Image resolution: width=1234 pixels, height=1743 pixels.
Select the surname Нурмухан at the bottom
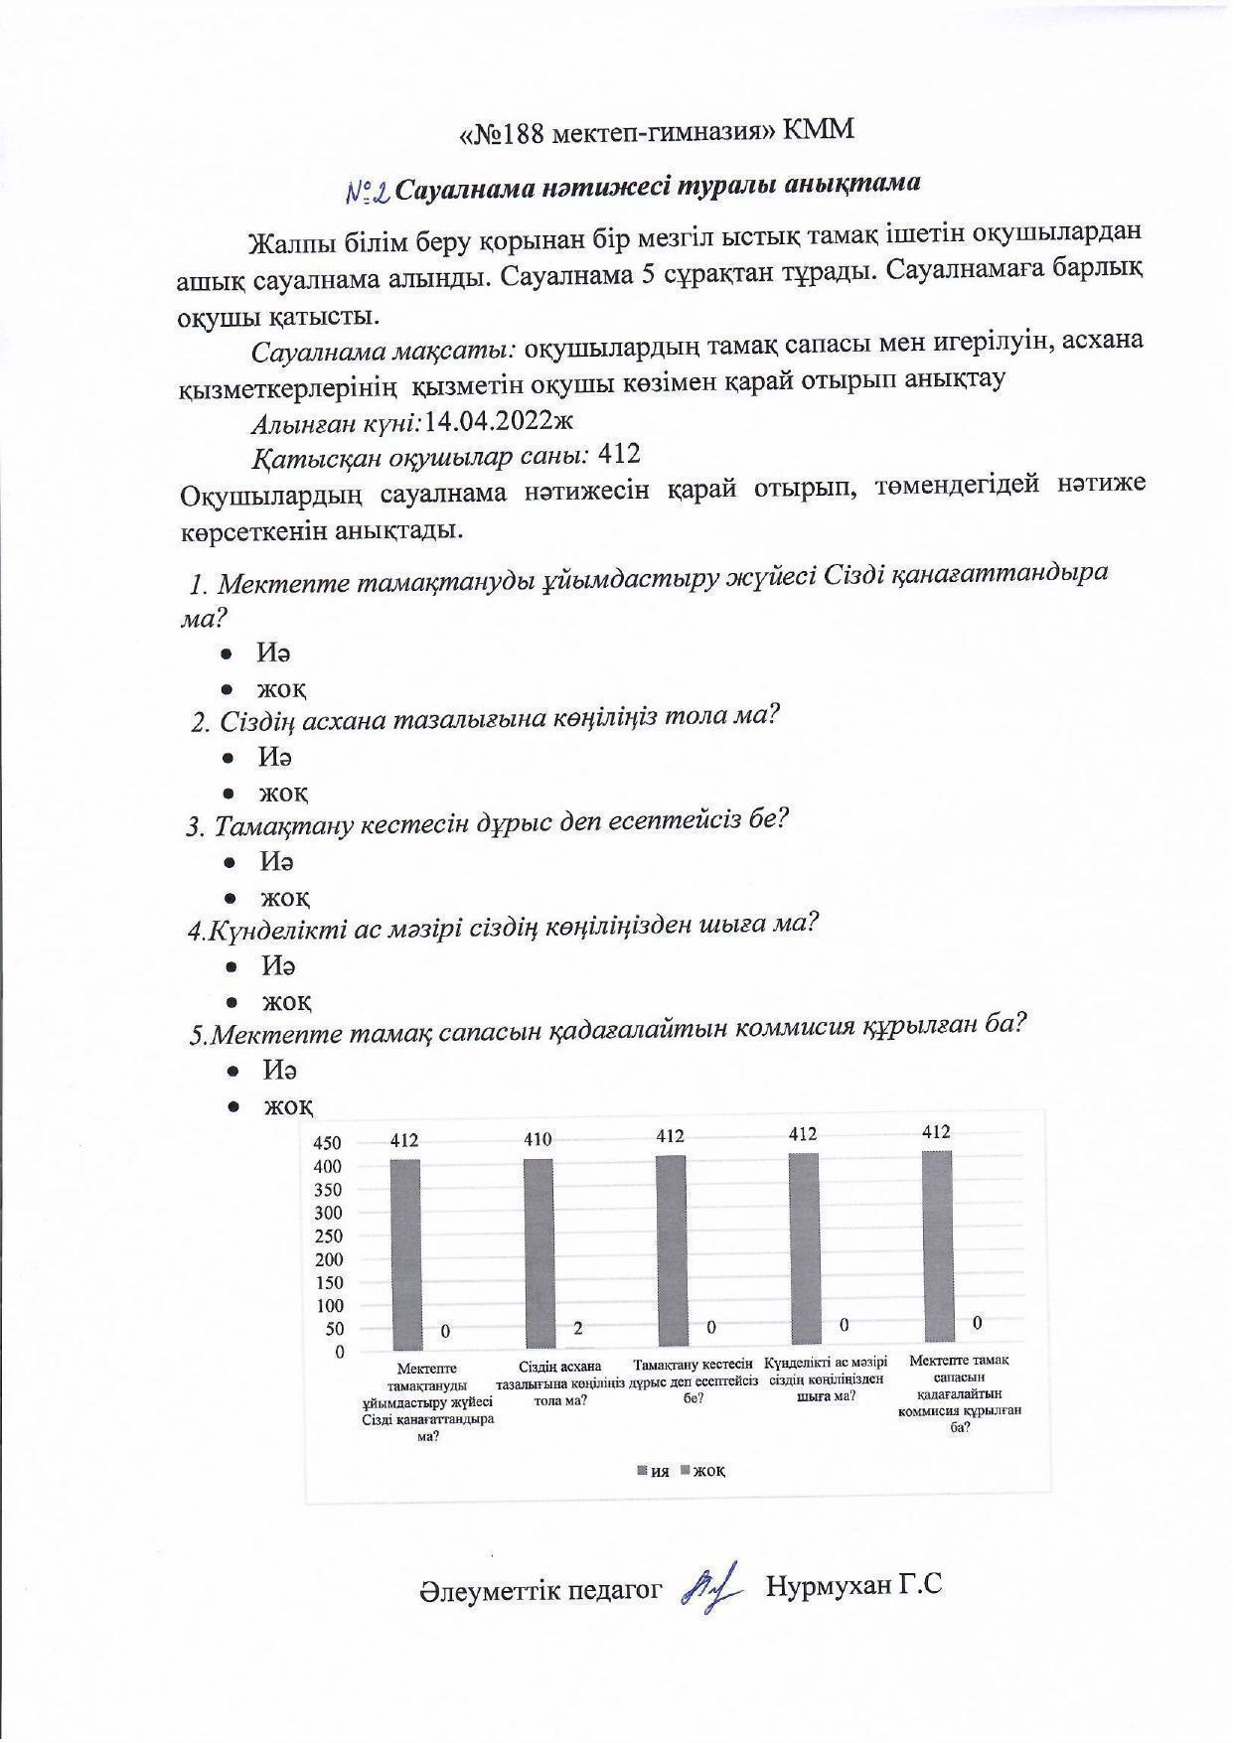tap(829, 1586)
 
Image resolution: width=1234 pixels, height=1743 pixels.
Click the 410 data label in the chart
tap(538, 1139)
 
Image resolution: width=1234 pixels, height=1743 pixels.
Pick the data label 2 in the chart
tap(577, 1328)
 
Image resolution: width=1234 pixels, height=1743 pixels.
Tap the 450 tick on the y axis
tap(328, 1143)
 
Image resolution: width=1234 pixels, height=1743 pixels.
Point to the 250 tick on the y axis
tap(328, 1236)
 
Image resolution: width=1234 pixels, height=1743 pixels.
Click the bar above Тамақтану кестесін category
tap(671, 1250)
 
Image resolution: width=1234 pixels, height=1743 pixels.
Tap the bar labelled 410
tap(539, 1254)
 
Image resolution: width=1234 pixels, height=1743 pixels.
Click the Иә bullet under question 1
tap(273, 653)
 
